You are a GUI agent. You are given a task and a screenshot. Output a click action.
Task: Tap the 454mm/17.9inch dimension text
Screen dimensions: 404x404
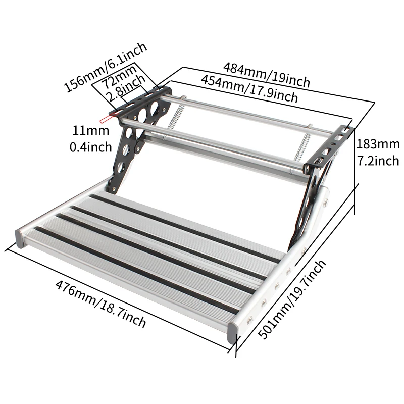pyautogui.click(x=249, y=88)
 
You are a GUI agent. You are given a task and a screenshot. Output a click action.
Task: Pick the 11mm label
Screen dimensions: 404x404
pyautogui.click(x=91, y=131)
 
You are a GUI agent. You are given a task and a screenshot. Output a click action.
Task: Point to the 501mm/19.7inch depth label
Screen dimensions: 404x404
pyautogui.click(x=293, y=300)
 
